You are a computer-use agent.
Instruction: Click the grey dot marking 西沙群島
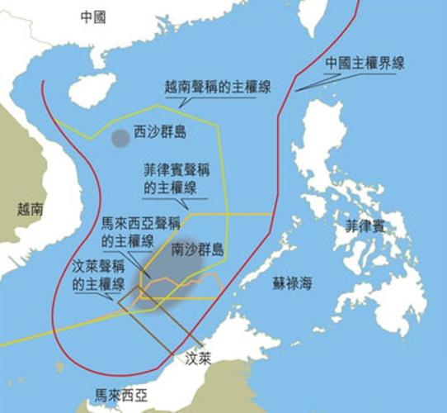point(120,137)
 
